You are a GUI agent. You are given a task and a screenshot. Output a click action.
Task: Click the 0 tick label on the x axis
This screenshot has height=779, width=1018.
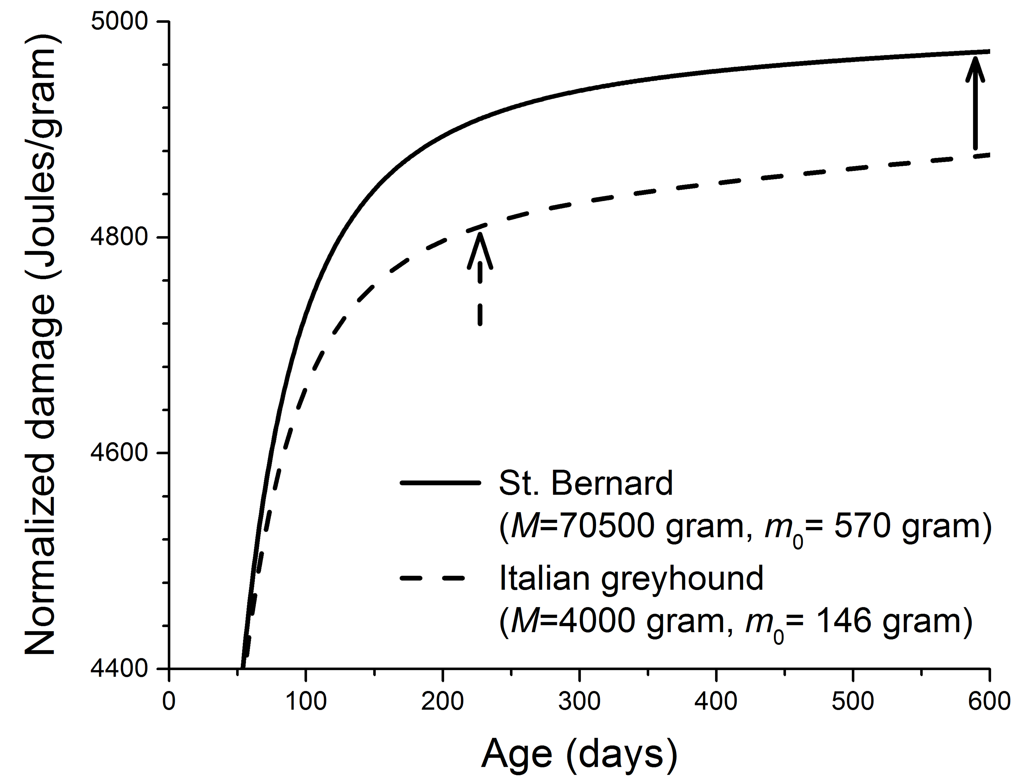point(169,701)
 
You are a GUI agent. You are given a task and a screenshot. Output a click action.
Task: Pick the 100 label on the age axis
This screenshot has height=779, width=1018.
point(306,701)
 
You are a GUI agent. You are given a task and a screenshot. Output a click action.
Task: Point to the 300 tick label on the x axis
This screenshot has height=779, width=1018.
point(580,701)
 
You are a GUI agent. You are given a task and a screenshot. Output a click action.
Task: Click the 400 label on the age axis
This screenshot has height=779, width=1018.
point(716,701)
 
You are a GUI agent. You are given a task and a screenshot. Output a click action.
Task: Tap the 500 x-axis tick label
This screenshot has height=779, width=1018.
point(853,701)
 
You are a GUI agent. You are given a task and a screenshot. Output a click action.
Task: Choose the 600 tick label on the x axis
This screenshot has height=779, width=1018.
point(989,701)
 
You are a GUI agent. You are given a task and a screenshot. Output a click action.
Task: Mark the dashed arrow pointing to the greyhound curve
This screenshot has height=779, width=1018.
point(480,278)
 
